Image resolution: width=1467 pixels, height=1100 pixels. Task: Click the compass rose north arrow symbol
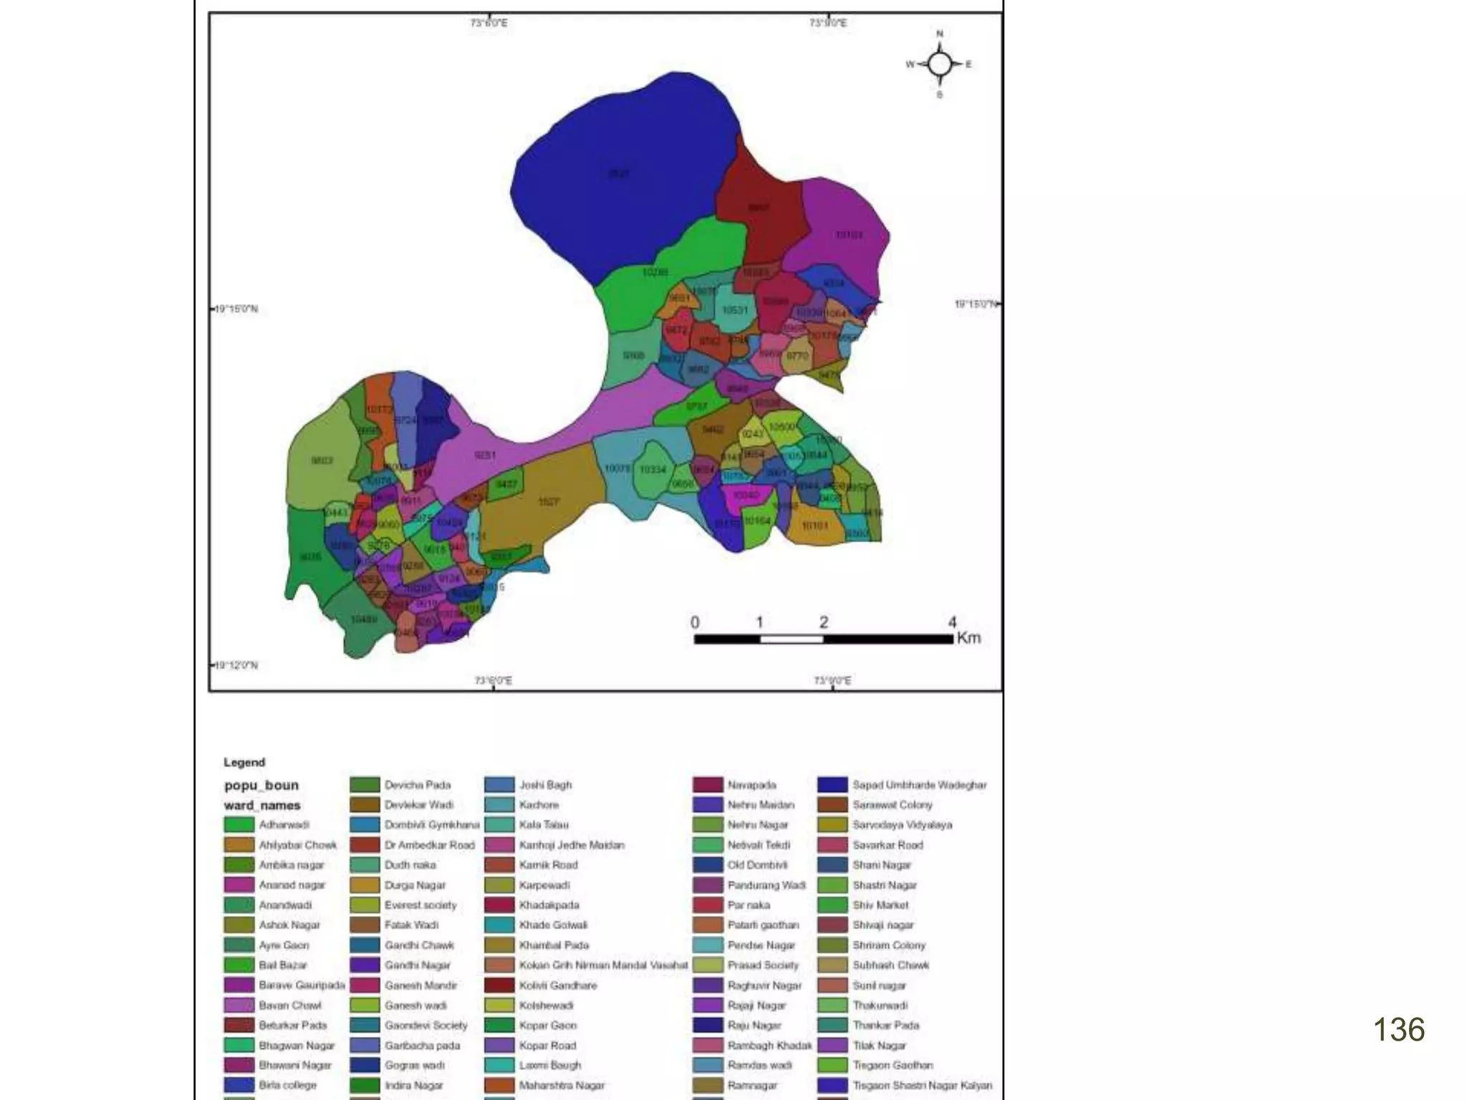coord(940,64)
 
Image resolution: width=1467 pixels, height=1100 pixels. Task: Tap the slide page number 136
coord(1398,1030)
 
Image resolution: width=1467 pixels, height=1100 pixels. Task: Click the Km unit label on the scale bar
coord(968,638)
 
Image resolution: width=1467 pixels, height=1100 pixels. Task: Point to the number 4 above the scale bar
coord(952,622)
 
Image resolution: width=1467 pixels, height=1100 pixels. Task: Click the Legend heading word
coord(244,762)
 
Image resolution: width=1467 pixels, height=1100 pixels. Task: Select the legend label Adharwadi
coord(284,825)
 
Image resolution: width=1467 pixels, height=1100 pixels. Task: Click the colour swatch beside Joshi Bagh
coord(499,785)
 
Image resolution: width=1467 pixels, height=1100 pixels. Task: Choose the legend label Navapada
coord(751,785)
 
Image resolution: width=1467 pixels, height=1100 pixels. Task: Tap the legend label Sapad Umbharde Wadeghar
coord(919,785)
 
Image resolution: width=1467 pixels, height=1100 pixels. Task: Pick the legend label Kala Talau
coord(544,825)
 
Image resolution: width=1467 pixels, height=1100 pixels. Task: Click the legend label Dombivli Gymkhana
coord(431,825)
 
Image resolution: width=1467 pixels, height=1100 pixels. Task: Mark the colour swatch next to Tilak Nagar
coord(832,1046)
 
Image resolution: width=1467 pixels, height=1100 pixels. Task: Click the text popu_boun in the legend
coord(261,785)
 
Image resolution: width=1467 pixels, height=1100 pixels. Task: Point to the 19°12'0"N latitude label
coord(236,665)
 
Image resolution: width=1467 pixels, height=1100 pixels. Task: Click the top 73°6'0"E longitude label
coord(489,23)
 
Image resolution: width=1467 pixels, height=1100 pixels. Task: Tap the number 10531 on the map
coord(734,310)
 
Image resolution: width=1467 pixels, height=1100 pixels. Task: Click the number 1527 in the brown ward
coord(549,501)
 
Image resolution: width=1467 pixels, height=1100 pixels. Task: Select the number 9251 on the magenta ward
coord(485,455)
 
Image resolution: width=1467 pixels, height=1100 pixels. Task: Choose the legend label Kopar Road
coord(547,1046)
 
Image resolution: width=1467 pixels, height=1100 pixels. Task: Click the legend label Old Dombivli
coord(757,865)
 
